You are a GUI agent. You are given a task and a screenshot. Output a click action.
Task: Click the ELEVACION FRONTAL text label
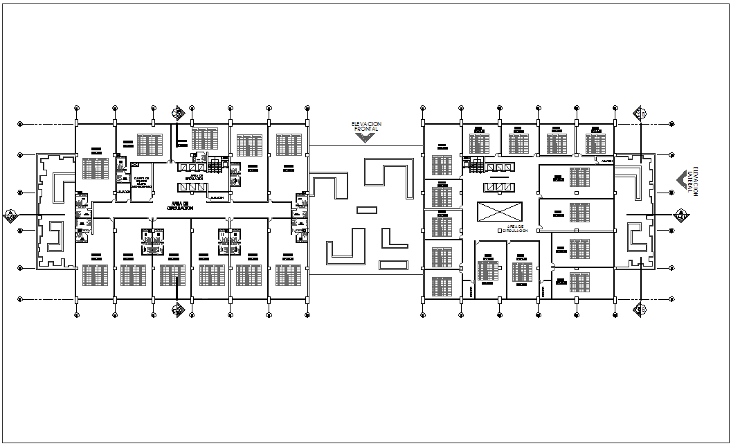365,126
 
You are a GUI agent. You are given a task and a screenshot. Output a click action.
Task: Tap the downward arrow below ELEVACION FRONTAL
365,138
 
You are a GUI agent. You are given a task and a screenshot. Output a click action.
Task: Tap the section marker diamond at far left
10,216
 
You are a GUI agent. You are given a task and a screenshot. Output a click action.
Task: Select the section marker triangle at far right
681,215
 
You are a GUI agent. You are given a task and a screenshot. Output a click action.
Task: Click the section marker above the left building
179,112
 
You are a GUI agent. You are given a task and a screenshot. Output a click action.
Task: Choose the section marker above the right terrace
641,113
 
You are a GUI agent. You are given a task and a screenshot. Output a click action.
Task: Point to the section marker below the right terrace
641,308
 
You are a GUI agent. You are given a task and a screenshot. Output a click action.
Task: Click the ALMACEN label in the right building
607,161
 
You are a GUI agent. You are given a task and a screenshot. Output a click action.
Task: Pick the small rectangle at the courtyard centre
367,209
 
